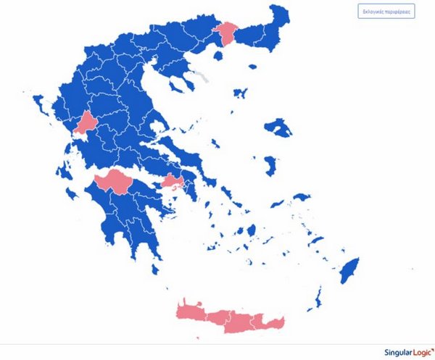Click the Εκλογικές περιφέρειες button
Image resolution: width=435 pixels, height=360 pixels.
386,12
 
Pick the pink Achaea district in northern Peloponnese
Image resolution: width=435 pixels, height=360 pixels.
113,180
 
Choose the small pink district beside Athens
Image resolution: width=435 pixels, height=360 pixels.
172,182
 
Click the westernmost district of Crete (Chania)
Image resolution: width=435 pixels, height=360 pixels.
191,310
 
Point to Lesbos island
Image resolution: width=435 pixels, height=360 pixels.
278,129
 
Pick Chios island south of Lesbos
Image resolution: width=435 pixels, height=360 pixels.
270,165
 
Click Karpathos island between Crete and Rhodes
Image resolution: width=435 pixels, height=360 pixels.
318,296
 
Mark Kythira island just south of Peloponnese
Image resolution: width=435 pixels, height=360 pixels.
154,270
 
